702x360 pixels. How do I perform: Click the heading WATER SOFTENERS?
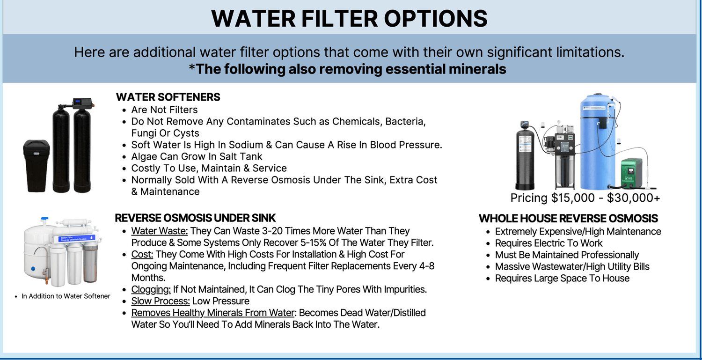[x=168, y=97]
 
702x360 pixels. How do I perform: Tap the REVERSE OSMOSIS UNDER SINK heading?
[x=195, y=218]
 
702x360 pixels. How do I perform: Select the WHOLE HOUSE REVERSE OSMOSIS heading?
[x=568, y=218]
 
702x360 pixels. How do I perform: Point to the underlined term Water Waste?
[x=159, y=231]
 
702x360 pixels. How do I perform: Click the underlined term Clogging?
[x=151, y=289]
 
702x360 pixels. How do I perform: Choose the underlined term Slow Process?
[x=160, y=301]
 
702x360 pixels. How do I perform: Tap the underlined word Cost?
[x=142, y=254]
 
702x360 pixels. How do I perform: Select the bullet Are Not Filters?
[x=164, y=110]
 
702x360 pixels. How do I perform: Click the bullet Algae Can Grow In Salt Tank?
[x=197, y=156]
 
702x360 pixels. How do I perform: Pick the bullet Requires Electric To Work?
[x=548, y=243]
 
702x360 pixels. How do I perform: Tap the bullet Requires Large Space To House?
[x=562, y=278]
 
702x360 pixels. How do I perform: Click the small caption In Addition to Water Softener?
[x=66, y=296]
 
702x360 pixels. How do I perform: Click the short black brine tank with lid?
[x=37, y=166]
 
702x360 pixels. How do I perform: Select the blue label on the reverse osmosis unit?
[x=77, y=238]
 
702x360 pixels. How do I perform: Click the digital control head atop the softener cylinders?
[x=83, y=102]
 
